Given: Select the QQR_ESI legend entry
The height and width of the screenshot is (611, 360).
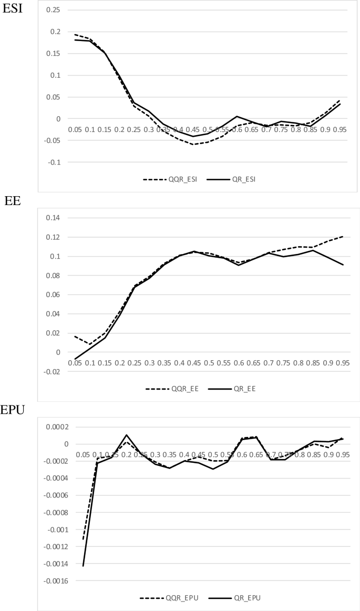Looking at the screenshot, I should point(163,179).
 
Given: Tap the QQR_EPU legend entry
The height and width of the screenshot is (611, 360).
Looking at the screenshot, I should point(162,598).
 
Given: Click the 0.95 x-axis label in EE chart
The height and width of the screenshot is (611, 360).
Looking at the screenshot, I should point(343,363).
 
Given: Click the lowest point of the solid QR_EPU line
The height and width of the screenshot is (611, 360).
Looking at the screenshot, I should point(83,566).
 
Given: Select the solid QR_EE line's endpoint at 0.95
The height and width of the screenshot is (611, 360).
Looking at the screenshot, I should point(343,264).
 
